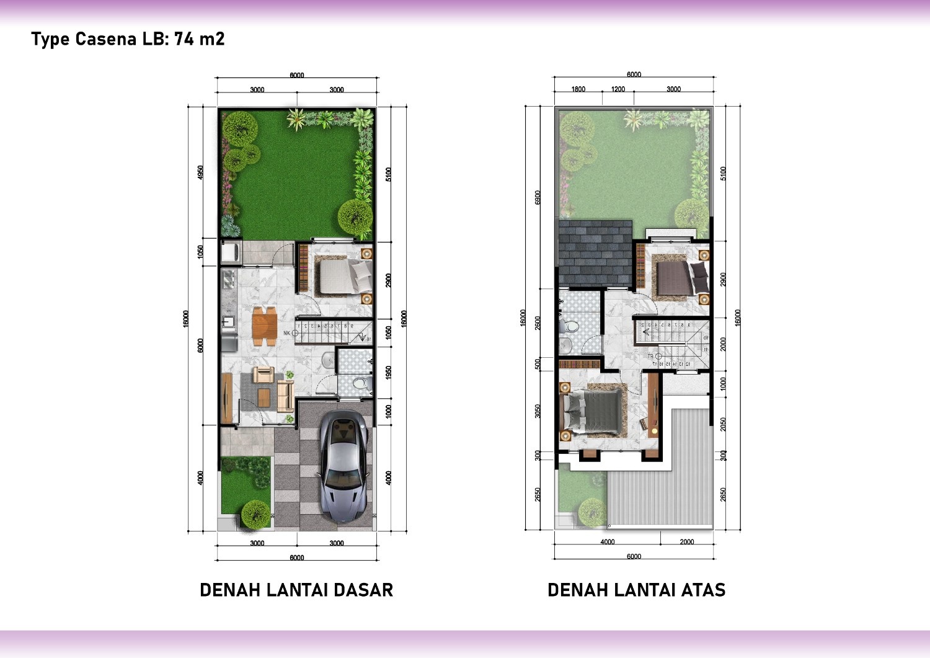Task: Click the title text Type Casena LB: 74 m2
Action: [128, 39]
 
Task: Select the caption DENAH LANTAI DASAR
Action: [296, 590]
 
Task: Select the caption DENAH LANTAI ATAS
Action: [636, 590]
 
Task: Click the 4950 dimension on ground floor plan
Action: [200, 173]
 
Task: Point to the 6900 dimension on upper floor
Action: [538, 197]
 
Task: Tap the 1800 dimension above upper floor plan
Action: [578, 89]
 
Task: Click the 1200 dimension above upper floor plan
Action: [618, 89]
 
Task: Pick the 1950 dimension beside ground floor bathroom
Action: [389, 373]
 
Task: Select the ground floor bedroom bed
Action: [338, 277]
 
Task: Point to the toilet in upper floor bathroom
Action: [571, 326]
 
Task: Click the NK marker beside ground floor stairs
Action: [286, 333]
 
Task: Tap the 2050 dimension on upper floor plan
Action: [723, 424]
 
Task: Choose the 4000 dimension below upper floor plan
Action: [608, 542]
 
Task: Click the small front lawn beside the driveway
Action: [246, 485]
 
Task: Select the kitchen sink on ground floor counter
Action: [228, 321]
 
